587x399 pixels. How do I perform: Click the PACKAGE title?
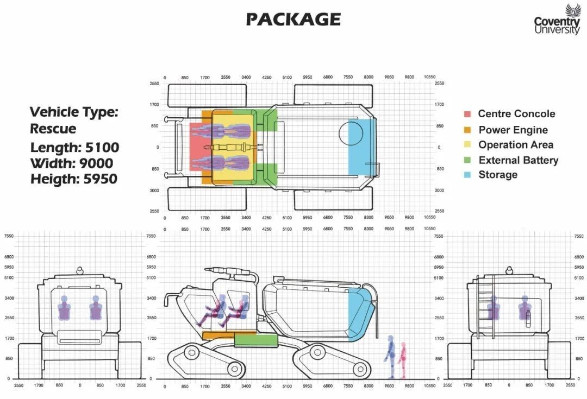293,19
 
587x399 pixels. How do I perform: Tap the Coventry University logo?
557,20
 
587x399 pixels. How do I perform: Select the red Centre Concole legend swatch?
467,114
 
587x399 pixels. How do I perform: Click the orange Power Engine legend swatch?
467,130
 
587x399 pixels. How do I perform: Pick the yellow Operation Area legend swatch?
467,145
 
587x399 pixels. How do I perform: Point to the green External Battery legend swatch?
467,160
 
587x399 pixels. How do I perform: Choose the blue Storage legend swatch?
467,175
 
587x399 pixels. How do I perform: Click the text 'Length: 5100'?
74,148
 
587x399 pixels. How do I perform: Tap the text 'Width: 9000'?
72,163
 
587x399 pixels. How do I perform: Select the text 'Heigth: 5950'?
74,179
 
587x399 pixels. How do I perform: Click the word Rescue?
53,129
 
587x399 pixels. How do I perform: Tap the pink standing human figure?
402,360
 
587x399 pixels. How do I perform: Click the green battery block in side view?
256,340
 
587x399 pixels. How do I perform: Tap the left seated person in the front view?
64,308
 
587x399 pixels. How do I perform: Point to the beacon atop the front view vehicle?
80,270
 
